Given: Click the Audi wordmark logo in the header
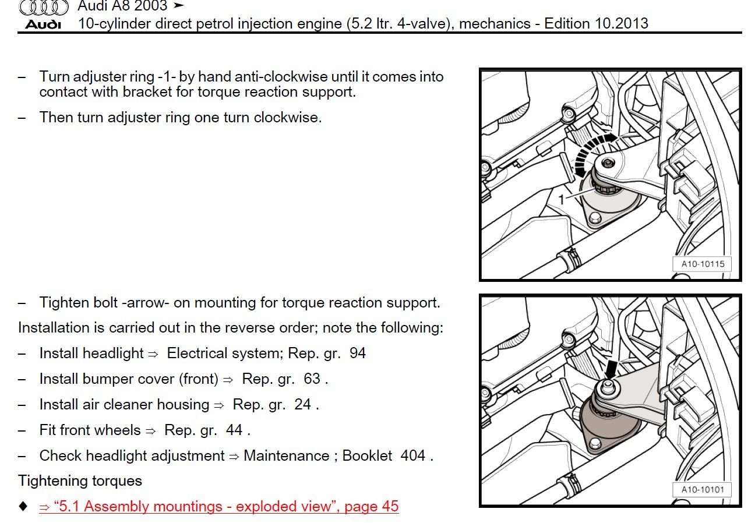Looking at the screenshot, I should pos(44,24).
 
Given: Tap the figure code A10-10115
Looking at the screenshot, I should pos(703,264).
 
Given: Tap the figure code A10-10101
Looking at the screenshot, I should pos(703,489).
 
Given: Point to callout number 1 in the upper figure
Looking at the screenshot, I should pos(562,199).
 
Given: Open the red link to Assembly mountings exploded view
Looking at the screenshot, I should pos(218,506).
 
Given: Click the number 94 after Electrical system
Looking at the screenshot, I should pos(358,353).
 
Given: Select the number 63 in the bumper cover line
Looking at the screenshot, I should pos(312,379).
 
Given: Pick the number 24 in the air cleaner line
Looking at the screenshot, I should pos(302,404).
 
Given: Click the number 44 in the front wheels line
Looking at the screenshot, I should pos(234,430).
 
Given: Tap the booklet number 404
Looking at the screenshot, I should pos(413,455).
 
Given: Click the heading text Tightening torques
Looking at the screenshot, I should pos(80,480).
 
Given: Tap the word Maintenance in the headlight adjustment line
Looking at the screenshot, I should pos(286,455).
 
